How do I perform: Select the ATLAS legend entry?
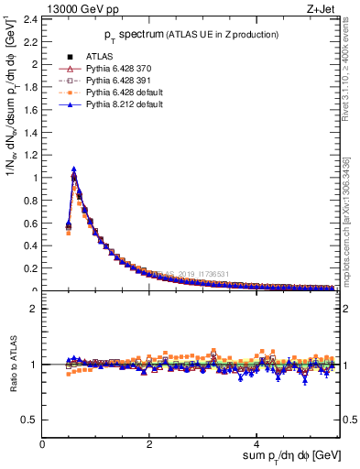click(x=100, y=56)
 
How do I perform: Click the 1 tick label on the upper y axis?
click(x=36, y=178)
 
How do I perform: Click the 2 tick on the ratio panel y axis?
click(x=36, y=309)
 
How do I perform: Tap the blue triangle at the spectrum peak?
click(x=74, y=169)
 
